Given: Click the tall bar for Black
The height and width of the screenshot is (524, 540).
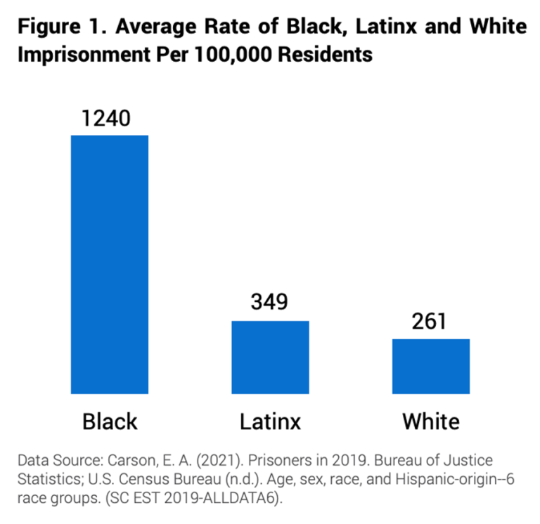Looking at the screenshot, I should [x=109, y=264].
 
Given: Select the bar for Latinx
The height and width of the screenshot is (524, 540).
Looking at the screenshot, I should [x=270, y=357].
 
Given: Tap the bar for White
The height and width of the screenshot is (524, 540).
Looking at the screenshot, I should [x=430, y=366].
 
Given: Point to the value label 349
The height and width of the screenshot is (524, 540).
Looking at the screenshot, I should [x=270, y=303].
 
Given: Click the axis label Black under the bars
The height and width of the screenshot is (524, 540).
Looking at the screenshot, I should [x=110, y=421].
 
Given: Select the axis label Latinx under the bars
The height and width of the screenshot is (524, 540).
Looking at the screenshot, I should [x=270, y=421].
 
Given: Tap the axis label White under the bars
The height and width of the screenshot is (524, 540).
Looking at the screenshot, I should [x=430, y=421].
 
